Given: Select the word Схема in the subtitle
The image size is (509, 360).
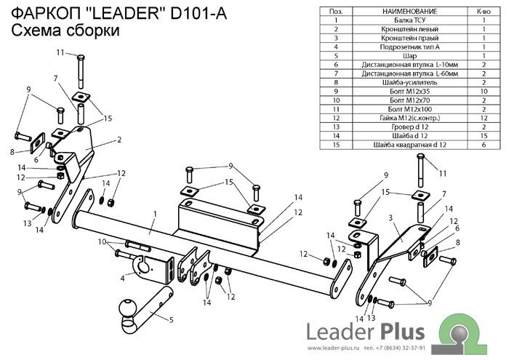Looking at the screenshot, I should (36, 31).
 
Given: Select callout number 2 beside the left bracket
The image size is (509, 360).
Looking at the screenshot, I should (119, 139).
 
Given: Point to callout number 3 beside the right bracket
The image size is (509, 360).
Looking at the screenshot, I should (390, 217).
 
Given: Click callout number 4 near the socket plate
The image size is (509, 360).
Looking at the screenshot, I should (122, 277).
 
